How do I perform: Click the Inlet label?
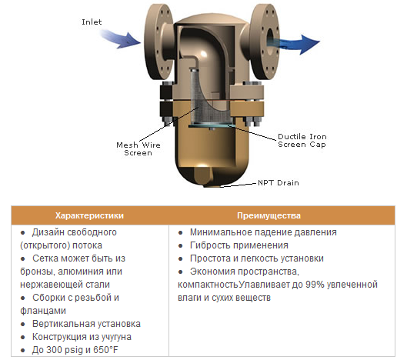coord(92,22)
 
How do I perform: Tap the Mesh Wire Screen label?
coord(138,148)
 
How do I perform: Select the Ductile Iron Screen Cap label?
coord(302,141)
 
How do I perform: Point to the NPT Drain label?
coord(279,183)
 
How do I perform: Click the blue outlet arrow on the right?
coord(296,43)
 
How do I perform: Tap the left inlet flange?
coord(158,42)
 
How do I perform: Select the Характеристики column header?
coord(89,215)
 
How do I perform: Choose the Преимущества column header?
coord(269,215)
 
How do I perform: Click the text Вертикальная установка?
coord(86,324)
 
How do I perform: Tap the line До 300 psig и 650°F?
coord(75,350)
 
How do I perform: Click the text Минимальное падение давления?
coord(263,232)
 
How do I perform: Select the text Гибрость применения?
coord(239,245)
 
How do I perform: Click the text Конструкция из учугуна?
coord(82,337)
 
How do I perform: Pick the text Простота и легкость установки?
coord(257,258)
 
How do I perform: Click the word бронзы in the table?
coord(38,272)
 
